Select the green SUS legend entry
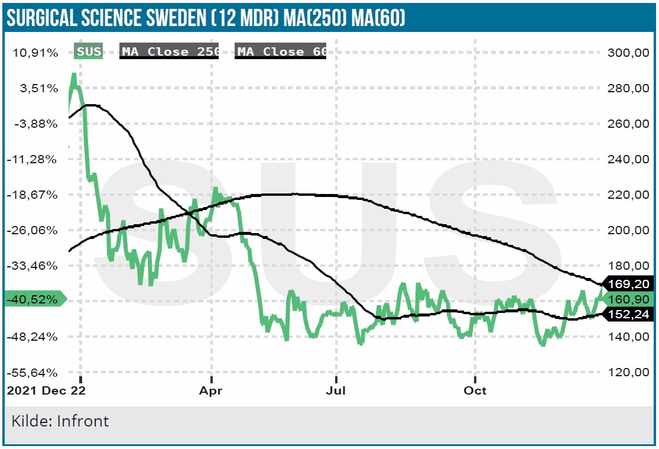point(89,51)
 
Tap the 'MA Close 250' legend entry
point(170,51)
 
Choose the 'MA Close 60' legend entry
point(281,51)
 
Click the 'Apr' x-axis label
point(211,391)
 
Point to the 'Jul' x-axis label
point(336,391)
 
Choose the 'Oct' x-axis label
point(475,391)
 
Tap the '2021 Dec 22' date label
point(46,391)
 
